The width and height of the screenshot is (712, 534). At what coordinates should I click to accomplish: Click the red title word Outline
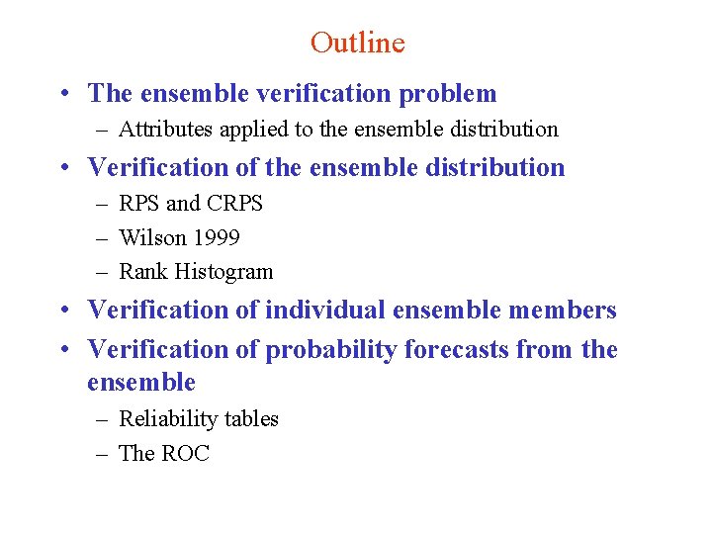pos(357,43)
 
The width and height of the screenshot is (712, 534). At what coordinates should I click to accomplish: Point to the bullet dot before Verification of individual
pos(62,311)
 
